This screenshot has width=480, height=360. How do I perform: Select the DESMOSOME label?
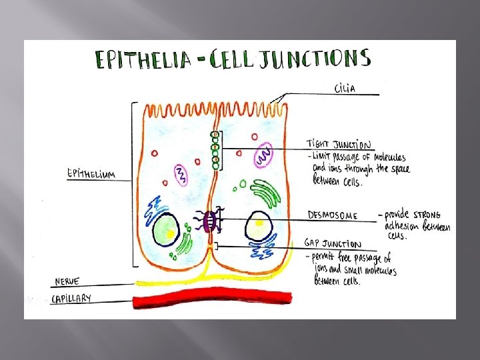(332, 215)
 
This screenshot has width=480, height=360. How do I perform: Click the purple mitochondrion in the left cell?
(180, 175)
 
